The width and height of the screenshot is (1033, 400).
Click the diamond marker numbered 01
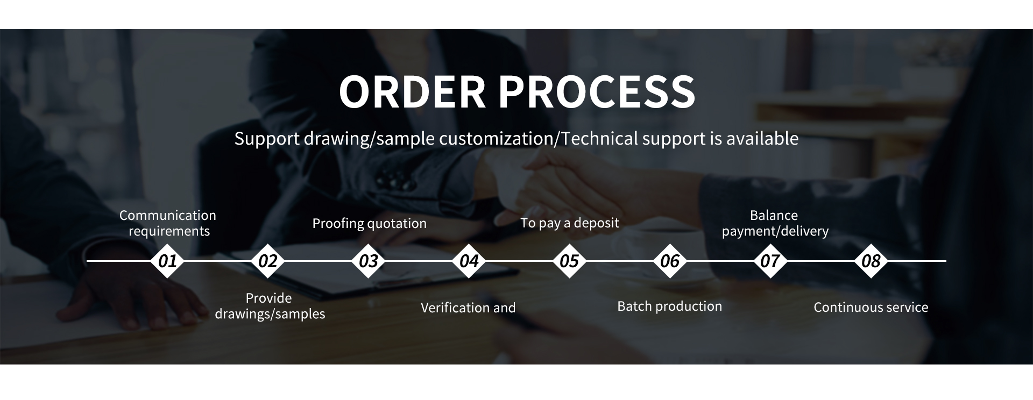coord(167,261)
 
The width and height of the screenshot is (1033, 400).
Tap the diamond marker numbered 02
coord(268,261)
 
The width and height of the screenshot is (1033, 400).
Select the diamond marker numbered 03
coord(369,261)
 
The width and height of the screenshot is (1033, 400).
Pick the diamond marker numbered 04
coord(469,261)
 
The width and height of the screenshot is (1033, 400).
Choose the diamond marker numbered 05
coord(569,261)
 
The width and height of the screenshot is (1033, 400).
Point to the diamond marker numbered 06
coord(670,261)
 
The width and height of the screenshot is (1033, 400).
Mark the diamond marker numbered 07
coord(770,261)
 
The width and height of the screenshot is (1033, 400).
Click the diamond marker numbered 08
coord(871,261)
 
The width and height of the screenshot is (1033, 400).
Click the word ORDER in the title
coord(412,91)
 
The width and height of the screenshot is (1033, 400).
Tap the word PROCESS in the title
coord(597,91)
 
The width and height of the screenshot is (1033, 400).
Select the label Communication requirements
coord(168,223)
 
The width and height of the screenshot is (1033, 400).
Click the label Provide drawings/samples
coord(270,306)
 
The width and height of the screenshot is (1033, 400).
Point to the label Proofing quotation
coord(370,223)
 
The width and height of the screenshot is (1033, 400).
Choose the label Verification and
coord(468,308)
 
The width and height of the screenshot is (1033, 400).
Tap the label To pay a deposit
coord(570,223)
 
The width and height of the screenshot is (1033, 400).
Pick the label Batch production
coord(670,306)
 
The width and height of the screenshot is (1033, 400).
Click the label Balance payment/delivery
coord(775,223)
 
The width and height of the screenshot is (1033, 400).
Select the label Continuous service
coord(871,308)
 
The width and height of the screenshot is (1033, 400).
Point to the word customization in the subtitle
coord(496,139)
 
